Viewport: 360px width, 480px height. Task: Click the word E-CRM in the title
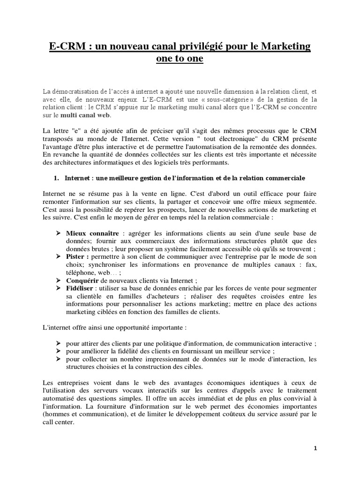pos(66,46)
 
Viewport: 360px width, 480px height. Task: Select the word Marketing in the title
pos(284,46)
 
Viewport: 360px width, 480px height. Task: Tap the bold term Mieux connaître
pos(92,233)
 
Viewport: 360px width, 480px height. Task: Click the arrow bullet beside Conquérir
pos(59,281)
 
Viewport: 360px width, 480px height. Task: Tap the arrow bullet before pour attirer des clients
pos(59,343)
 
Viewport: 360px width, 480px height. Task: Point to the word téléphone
pos(79,273)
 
